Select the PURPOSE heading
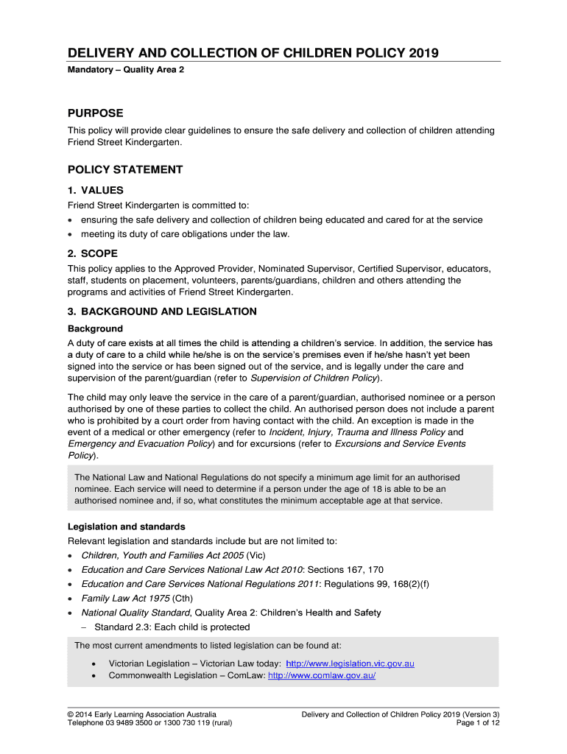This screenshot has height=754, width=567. click(96, 113)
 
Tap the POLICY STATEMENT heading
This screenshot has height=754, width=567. click(125, 169)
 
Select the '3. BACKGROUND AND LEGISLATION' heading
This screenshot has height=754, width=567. click(162, 311)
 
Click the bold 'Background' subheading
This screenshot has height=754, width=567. click(95, 328)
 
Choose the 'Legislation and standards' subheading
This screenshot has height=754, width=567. click(126, 526)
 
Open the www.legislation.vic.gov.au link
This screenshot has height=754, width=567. click(350, 663)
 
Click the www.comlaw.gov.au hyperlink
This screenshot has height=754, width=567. click(322, 675)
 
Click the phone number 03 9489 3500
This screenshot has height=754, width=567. click(131, 723)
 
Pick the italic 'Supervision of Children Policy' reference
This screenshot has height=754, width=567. click(314, 378)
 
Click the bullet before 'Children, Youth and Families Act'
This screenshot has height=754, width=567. click(70, 556)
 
